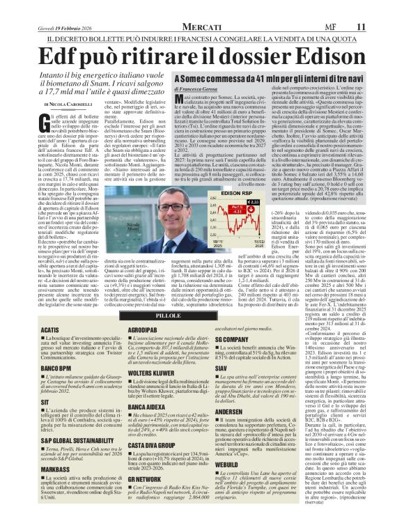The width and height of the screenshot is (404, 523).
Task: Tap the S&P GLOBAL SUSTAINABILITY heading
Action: pyautogui.click(x=58, y=442)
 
